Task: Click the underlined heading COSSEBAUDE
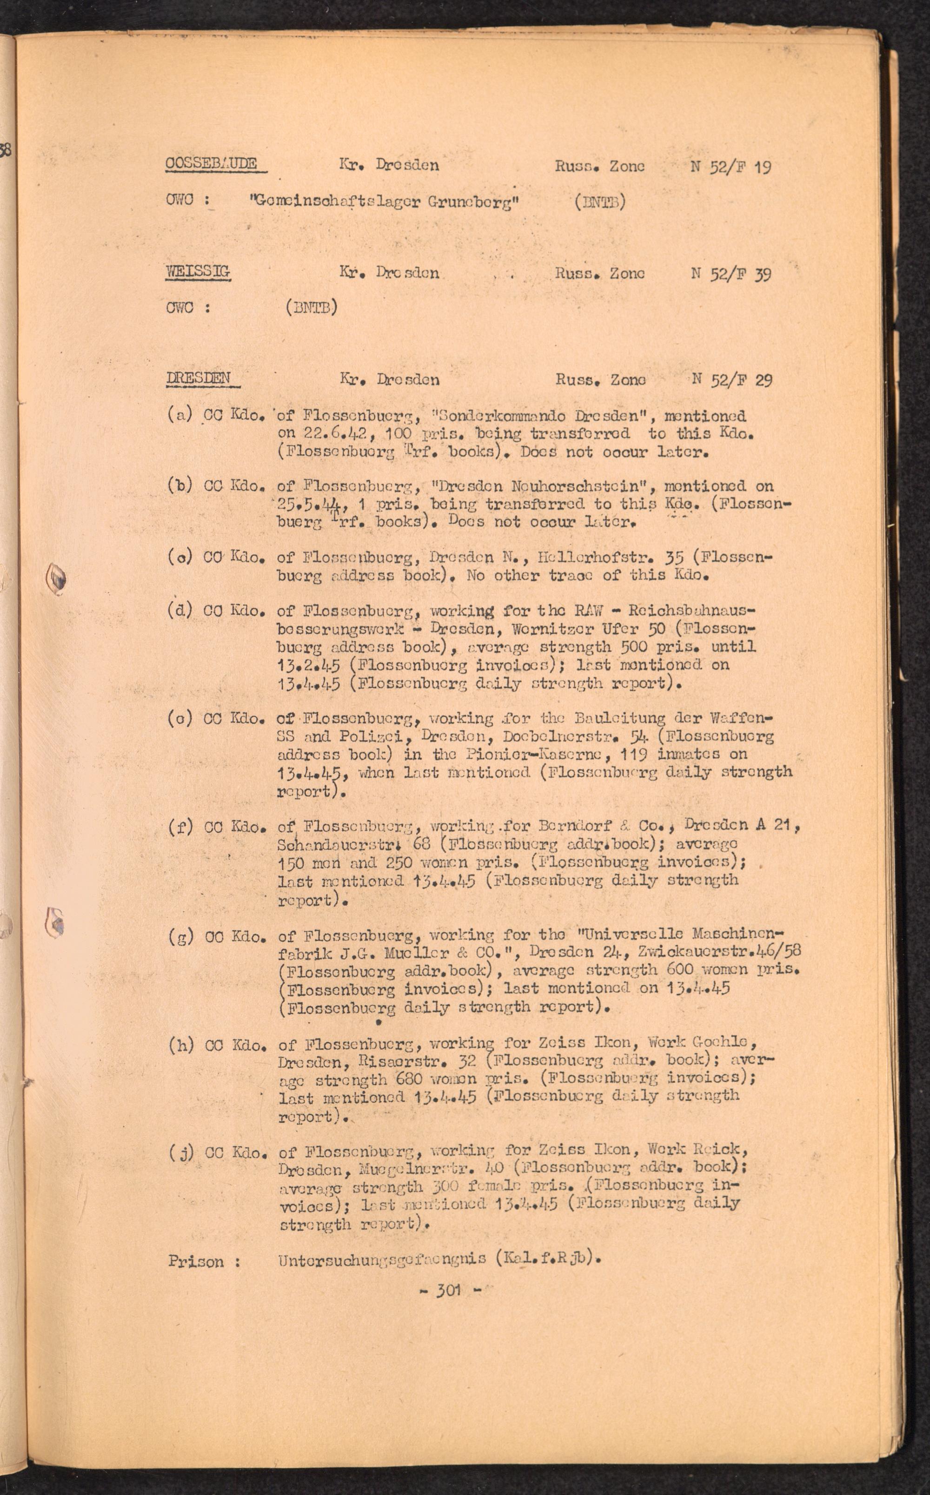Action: click(x=211, y=164)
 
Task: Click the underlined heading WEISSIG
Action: click(x=198, y=271)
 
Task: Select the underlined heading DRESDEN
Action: click(x=199, y=378)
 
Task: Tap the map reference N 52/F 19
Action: click(x=731, y=167)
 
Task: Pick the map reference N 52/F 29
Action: click(x=732, y=380)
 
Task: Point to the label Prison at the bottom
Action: click(x=196, y=1261)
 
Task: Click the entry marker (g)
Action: click(x=181, y=936)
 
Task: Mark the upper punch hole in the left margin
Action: click(x=57, y=578)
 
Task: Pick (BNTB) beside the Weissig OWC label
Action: click(x=311, y=307)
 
